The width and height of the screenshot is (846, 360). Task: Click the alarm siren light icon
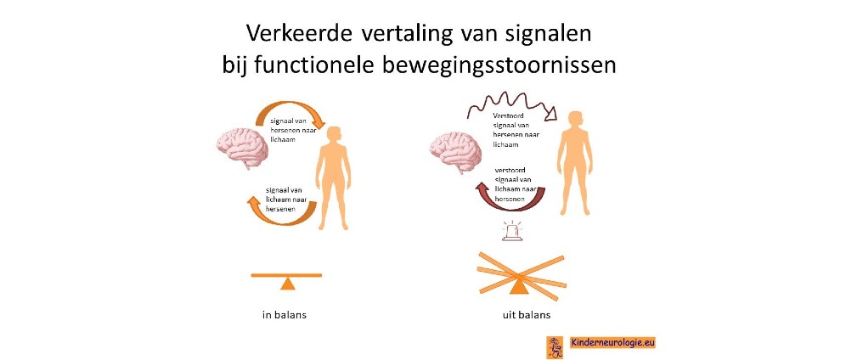[512, 231]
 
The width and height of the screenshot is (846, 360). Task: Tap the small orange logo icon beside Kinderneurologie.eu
[554, 345]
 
